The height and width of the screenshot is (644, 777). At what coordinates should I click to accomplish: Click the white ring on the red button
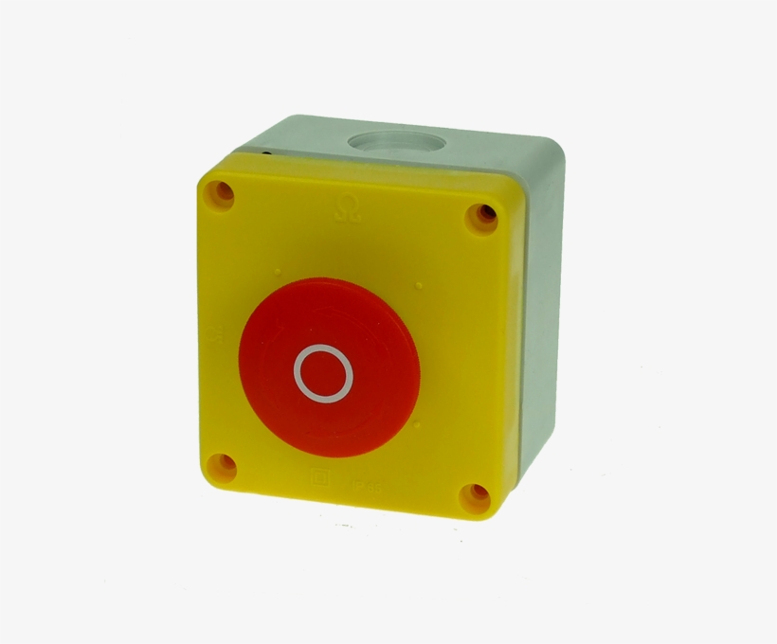325,372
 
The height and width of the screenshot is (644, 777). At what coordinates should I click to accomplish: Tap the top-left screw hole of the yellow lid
221,193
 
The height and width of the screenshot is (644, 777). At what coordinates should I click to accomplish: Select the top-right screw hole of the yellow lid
482,218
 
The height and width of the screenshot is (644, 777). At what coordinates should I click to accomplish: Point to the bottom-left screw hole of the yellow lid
221,467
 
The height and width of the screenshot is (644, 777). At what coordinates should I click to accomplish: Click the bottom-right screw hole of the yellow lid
475,497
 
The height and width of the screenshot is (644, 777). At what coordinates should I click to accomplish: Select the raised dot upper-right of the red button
417,281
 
